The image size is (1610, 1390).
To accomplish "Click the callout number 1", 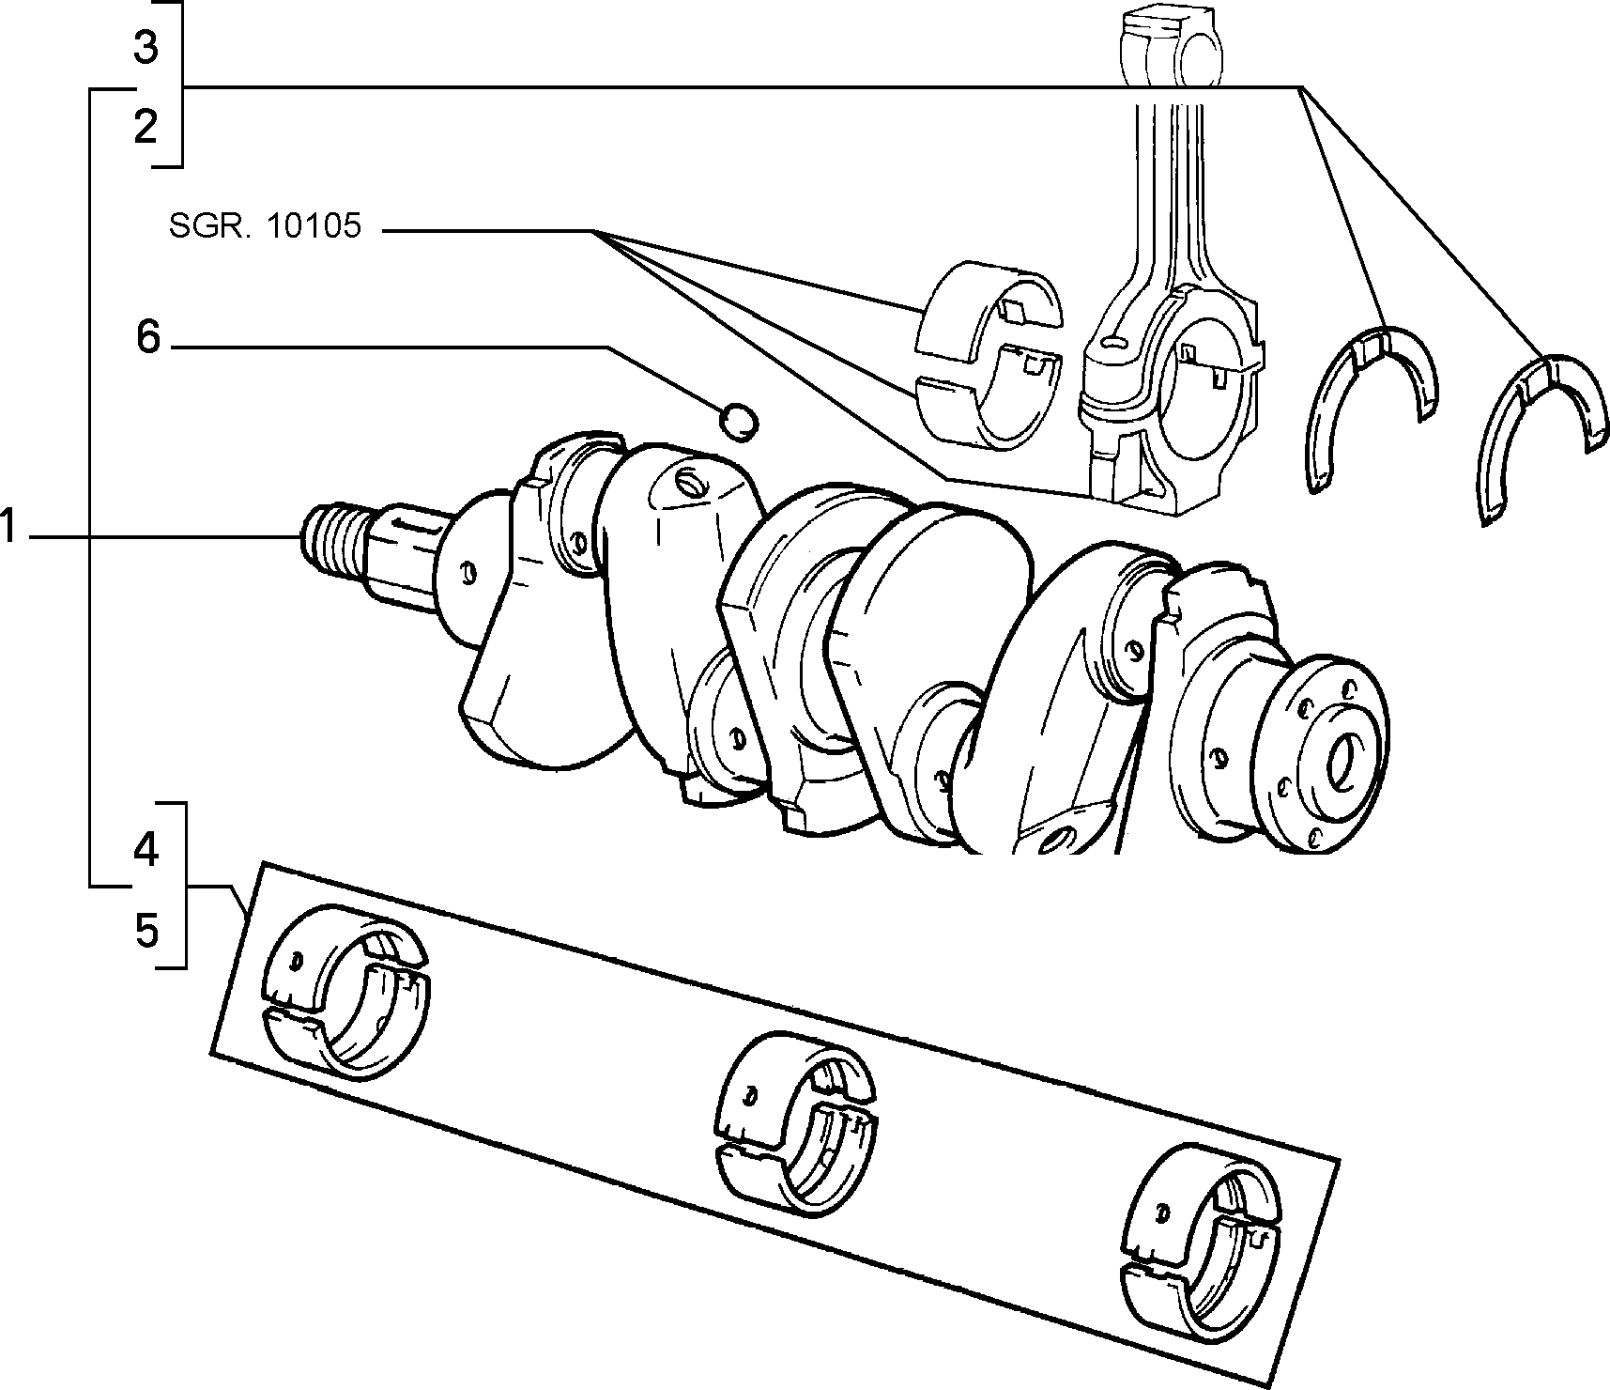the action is (8, 528).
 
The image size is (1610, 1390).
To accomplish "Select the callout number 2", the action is (145, 127).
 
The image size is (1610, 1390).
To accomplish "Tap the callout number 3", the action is (145, 47).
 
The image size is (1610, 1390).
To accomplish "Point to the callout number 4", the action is (146, 850).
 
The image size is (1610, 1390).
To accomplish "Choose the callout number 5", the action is (146, 931).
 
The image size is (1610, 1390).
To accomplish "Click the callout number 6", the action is (148, 336).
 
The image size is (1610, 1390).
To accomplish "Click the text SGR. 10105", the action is (265, 226).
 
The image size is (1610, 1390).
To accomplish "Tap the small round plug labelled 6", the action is (739, 421).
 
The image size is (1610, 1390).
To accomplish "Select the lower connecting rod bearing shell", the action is (986, 404).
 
